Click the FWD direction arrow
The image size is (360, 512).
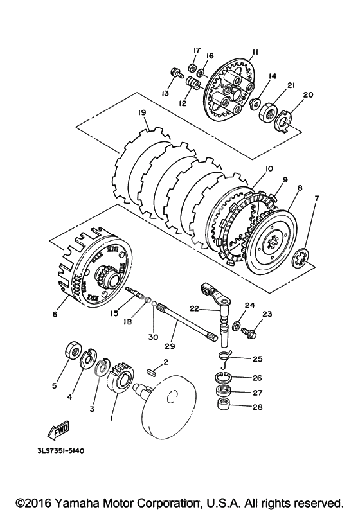pos(59,429)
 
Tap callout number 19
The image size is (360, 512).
pos(142,112)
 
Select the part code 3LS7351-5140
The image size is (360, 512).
pos(60,450)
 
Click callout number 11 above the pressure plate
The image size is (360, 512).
pos(255,53)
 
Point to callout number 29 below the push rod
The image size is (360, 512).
pos(170,346)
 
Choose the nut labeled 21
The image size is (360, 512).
pos(268,112)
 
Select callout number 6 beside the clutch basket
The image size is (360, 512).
pos(55,313)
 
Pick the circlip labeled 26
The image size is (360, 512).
pos(224,377)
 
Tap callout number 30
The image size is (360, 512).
pos(153,337)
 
